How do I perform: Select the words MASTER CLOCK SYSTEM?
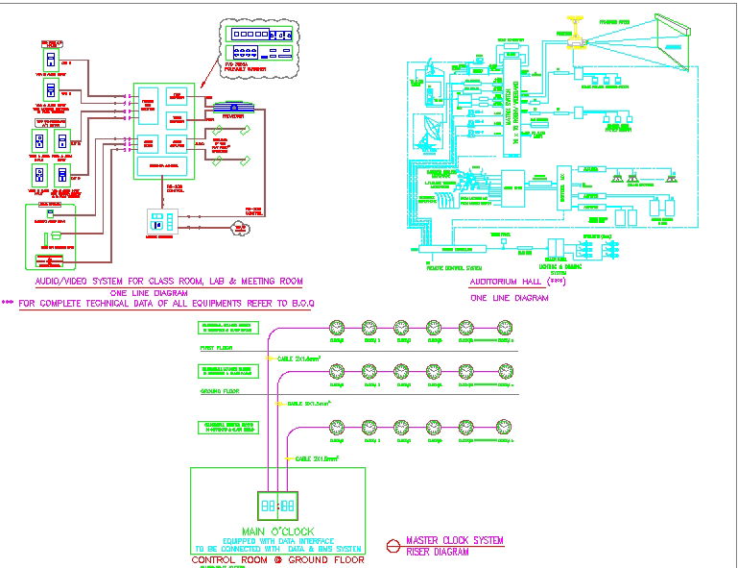coord(454,541)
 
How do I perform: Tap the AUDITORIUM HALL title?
coord(503,283)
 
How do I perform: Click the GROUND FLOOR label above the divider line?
coord(219,391)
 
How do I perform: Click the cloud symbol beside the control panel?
coord(237,228)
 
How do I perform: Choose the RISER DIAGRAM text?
coord(438,553)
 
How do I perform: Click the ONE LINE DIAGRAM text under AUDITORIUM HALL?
coord(509,298)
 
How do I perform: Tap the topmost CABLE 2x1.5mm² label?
coord(299,358)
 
